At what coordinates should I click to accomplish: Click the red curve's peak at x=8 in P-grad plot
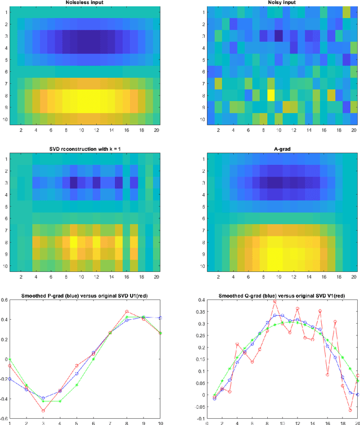point(127,311)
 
